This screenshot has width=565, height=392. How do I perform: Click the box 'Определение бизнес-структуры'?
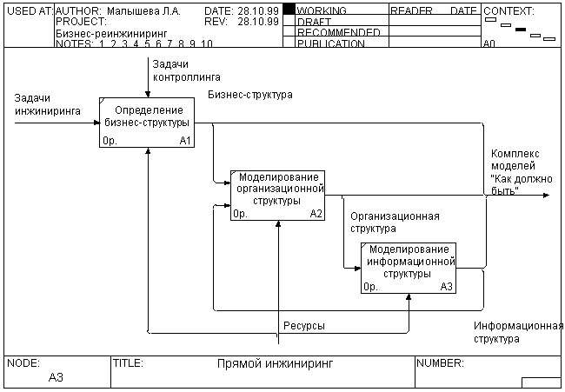pos(146,121)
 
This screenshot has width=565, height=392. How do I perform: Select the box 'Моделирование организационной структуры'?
pos(277,194)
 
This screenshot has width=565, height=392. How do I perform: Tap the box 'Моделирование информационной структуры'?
pos(409,267)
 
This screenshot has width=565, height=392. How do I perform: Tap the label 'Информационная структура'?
pos(519,332)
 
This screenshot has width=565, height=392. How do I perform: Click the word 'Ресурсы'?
pos(304,326)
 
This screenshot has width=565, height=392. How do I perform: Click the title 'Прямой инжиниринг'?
pos(275,363)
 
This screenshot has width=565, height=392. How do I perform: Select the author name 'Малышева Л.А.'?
pos(143,11)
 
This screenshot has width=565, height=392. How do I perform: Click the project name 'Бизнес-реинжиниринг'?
pos(98,32)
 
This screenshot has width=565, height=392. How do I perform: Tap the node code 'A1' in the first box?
pos(185,140)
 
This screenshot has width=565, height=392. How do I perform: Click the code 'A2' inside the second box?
pos(316,213)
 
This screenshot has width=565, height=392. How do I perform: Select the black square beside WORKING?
pos(289,10)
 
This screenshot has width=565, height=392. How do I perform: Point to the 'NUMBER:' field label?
pos(441,363)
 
